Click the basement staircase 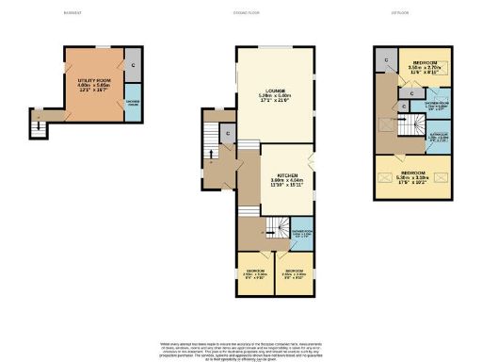38,123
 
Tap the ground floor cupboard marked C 229,135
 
